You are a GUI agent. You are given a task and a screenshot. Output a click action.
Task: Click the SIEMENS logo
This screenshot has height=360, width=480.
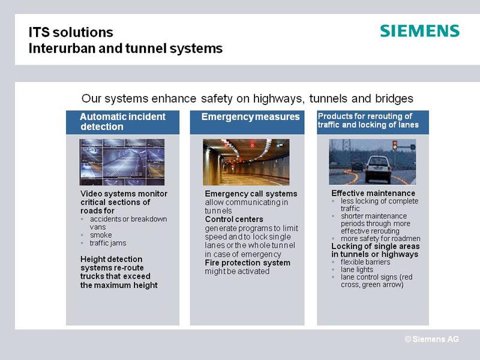tap(419, 31)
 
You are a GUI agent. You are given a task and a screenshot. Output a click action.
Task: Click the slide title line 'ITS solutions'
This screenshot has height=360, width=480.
tap(71, 32)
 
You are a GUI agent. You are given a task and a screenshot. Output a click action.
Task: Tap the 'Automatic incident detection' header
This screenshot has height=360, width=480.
tap(123, 122)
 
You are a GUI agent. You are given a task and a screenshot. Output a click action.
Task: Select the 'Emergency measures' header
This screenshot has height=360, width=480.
tap(247, 122)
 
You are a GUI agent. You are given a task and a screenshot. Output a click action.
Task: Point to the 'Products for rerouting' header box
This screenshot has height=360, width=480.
tap(373, 122)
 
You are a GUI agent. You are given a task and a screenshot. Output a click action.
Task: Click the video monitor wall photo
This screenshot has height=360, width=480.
tap(122, 162)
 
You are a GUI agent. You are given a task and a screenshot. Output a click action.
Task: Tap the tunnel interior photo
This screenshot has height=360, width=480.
tap(246, 162)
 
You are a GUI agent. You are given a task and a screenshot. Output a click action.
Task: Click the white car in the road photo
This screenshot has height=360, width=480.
tap(379, 169)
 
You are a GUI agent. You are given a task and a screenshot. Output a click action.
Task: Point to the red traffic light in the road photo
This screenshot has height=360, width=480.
tap(395, 145)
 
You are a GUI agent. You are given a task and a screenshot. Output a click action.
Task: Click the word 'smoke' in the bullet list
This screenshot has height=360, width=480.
tap(101, 235)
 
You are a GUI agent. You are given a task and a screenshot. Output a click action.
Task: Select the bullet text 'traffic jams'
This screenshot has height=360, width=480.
tap(108, 243)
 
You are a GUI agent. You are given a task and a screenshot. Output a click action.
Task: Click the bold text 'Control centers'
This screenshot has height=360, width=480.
tap(234, 219)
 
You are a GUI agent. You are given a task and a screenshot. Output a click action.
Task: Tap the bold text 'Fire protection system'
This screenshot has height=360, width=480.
tap(248, 263)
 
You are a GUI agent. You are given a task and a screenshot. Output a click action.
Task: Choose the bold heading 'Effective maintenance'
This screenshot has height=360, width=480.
tap(373, 193)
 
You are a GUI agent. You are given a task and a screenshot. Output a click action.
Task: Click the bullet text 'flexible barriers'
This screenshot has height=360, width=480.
tap(365, 262)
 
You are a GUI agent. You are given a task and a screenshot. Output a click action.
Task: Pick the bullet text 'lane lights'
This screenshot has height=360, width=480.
tap(357, 269)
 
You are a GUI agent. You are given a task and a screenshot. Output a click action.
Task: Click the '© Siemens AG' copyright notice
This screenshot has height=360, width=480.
tap(431, 339)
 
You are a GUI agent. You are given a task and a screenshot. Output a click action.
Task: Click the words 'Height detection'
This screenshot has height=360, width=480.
tap(112, 259)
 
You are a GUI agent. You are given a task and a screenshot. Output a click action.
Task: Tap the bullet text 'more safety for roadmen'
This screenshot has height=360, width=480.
tap(380, 238)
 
